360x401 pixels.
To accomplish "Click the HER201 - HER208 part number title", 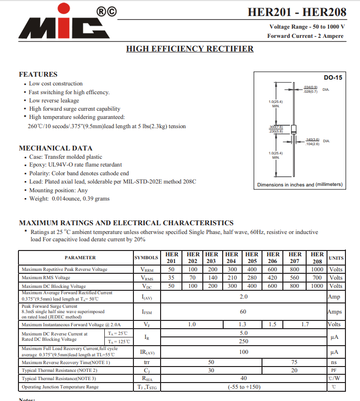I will point(297,12).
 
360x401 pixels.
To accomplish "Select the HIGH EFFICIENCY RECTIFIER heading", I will point(190,49).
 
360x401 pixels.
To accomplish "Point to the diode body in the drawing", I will point(293,129).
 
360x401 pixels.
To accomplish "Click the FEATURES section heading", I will point(38,74).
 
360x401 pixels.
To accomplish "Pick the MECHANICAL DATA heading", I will point(55,148).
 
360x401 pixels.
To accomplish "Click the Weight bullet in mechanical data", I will point(69,199).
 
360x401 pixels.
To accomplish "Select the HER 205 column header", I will point(252,257).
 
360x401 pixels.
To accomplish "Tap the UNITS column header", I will point(336,258).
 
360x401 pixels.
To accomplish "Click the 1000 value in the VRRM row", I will point(317,269).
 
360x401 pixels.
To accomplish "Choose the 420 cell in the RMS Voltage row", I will point(273,278).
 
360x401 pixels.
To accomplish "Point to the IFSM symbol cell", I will point(147,312).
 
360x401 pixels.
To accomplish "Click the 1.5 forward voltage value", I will point(273,324).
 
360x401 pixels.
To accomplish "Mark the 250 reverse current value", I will point(244,342).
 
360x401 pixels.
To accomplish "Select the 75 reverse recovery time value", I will point(294,362).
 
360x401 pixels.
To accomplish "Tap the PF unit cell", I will point(334,370).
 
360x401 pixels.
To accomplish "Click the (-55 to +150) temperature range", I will point(244,387).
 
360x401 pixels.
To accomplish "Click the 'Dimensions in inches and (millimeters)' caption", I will point(299,184).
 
